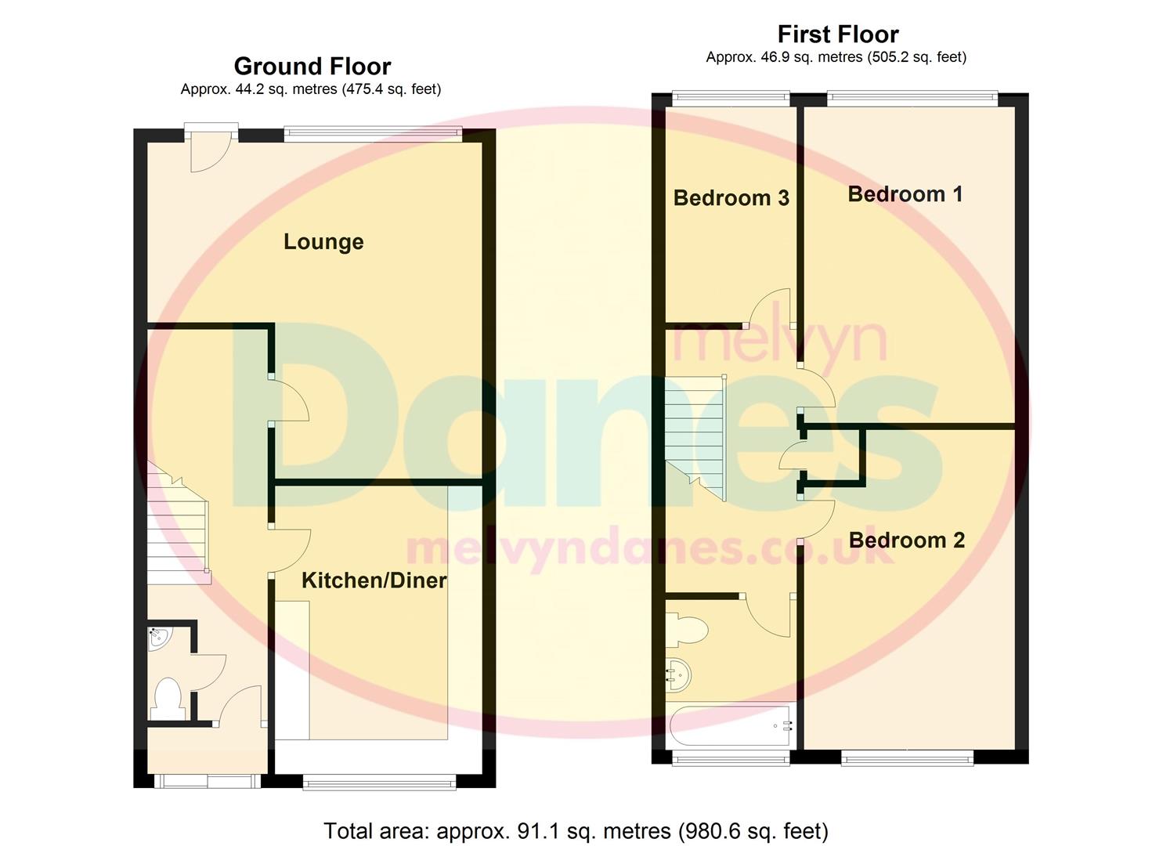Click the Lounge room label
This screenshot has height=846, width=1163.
[323, 242]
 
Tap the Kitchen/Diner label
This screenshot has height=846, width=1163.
[374, 580]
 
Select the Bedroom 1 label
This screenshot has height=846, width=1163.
[905, 194]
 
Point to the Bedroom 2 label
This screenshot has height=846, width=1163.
[906, 540]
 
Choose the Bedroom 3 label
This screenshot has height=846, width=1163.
[731, 198]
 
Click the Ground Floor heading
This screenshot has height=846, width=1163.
[312, 67]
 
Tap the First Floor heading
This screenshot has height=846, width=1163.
[837, 34]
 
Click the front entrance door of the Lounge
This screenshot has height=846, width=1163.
[211, 149]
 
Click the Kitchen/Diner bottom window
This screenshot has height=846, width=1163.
[379, 780]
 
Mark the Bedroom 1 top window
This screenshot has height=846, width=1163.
[912, 99]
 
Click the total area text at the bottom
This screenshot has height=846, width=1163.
[576, 830]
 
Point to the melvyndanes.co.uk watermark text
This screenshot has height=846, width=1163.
[650, 548]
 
